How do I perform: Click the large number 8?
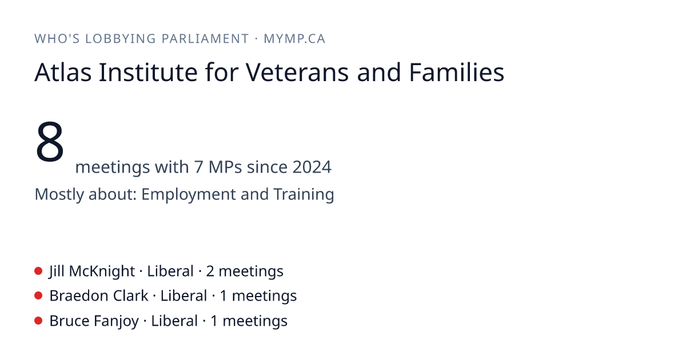pyautogui.click(x=50, y=142)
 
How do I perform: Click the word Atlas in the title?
pyautogui.click(x=63, y=72)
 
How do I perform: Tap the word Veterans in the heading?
pyautogui.click(x=297, y=72)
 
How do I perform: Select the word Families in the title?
pyautogui.click(x=457, y=72)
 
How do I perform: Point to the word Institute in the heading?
pyautogui.click(x=148, y=72)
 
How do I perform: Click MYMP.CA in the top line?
pyautogui.click(x=294, y=39)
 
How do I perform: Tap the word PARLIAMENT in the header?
pyautogui.click(x=205, y=39)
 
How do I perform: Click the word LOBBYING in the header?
pyautogui.click(x=121, y=39)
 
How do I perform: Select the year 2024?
pyautogui.click(x=312, y=167)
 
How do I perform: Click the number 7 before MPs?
pyautogui.click(x=198, y=167)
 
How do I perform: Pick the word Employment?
pyautogui.click(x=188, y=194)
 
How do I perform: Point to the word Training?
pyautogui.click(x=304, y=194)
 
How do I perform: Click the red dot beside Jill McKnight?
pyautogui.click(x=38, y=271)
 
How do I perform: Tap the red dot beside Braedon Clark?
pyautogui.click(x=38, y=296)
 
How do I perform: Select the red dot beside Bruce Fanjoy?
pyautogui.click(x=38, y=321)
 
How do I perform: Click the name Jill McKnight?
pyautogui.click(x=92, y=271)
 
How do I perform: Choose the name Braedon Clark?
pyautogui.click(x=99, y=296)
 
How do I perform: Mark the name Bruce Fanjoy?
pyautogui.click(x=94, y=321)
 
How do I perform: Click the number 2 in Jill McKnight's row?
pyautogui.click(x=210, y=271)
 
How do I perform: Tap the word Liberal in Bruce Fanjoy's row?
pyautogui.click(x=174, y=321)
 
